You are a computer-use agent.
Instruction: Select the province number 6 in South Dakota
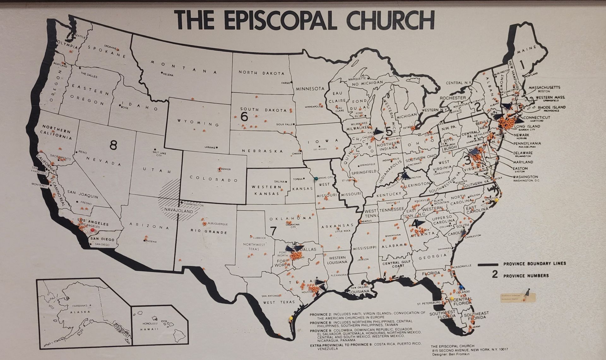pos(244,117)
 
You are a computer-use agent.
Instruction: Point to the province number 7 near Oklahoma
pos(273,231)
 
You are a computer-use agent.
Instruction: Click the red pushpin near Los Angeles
pos(92,230)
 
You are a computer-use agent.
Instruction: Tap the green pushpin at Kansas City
pos(316,179)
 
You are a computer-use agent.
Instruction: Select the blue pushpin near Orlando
pos(461,287)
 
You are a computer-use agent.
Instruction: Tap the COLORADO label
pos(214,179)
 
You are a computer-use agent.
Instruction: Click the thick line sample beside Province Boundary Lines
pos(488,264)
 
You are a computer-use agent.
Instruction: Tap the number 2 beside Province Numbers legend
pos(495,275)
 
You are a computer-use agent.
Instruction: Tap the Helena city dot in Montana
pos(162,73)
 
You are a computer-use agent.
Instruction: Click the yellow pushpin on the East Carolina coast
pos(496,200)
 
